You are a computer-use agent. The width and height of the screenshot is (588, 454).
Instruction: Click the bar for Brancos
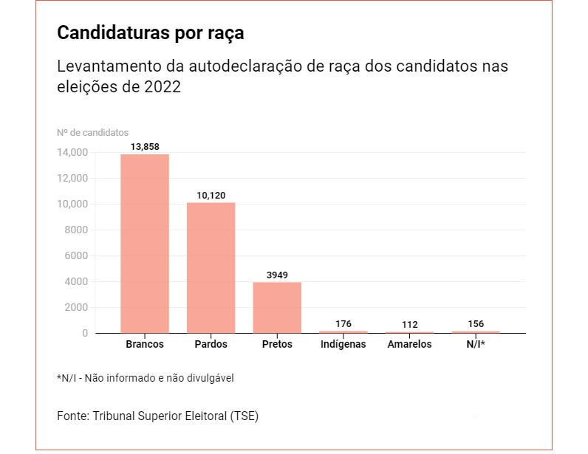pyautogui.click(x=145, y=244)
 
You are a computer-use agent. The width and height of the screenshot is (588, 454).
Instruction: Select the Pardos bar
pyautogui.click(x=211, y=267)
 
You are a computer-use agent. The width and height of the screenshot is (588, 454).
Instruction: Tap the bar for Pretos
pyautogui.click(x=277, y=307)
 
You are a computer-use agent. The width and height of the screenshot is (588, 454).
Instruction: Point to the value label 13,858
pyautogui.click(x=145, y=147)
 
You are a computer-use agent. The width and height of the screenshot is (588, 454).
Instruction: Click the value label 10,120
pyautogui.click(x=211, y=196)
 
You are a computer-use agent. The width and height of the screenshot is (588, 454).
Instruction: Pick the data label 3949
pyautogui.click(x=277, y=275)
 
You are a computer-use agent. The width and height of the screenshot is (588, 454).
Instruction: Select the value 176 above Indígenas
pyautogui.click(x=343, y=323)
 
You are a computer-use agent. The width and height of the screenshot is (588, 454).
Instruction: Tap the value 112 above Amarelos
pyautogui.click(x=410, y=324)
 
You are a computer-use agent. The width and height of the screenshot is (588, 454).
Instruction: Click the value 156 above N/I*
pyautogui.click(x=476, y=323)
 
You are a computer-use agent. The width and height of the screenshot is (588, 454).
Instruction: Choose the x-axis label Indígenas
pyautogui.click(x=343, y=345)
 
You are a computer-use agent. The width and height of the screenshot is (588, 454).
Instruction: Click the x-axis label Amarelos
pyautogui.click(x=409, y=345)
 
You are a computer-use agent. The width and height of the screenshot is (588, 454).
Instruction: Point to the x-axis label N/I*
pyautogui.click(x=475, y=345)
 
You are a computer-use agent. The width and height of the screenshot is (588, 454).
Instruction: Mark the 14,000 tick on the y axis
pyautogui.click(x=72, y=153)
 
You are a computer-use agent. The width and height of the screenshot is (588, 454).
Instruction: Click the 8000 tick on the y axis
pyautogui.click(x=76, y=230)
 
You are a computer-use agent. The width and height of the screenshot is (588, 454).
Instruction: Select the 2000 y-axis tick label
pyautogui.click(x=76, y=308)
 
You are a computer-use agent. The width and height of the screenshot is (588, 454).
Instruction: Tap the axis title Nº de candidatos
pyautogui.click(x=92, y=133)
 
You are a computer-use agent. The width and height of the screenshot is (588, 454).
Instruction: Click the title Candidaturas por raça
pyautogui.click(x=150, y=34)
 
